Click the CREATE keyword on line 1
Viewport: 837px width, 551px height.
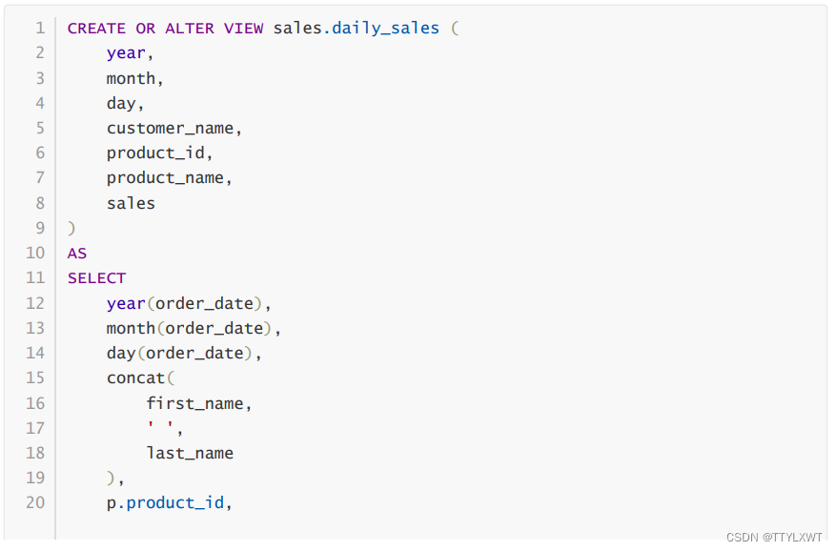pyautogui.click(x=96, y=28)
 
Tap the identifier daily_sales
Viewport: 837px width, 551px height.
pyautogui.click(x=385, y=28)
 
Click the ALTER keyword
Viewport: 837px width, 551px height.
pyautogui.click(x=189, y=28)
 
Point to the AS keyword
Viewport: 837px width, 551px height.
pyautogui.click(x=77, y=253)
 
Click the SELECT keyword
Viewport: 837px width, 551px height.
pyautogui.click(x=96, y=277)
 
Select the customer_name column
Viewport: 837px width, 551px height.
pyautogui.click(x=174, y=128)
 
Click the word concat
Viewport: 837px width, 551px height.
pyautogui.click(x=135, y=378)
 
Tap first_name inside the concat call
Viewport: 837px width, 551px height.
pyautogui.click(x=197, y=403)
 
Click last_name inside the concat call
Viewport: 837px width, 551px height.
pyautogui.click(x=190, y=453)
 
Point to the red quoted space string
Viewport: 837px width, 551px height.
pyautogui.click(x=160, y=428)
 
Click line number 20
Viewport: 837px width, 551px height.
pyautogui.click(x=35, y=501)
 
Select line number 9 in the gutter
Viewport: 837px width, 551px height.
pyautogui.click(x=40, y=228)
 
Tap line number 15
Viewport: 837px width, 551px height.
pyautogui.click(x=35, y=378)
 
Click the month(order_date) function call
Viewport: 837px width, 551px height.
pyautogui.click(x=193, y=328)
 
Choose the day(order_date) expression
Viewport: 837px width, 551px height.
pyautogui.click(x=183, y=353)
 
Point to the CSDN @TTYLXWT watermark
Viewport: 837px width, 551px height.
pyautogui.click(x=773, y=537)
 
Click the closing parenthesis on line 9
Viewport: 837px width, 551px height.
pyautogui.click(x=71, y=228)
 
